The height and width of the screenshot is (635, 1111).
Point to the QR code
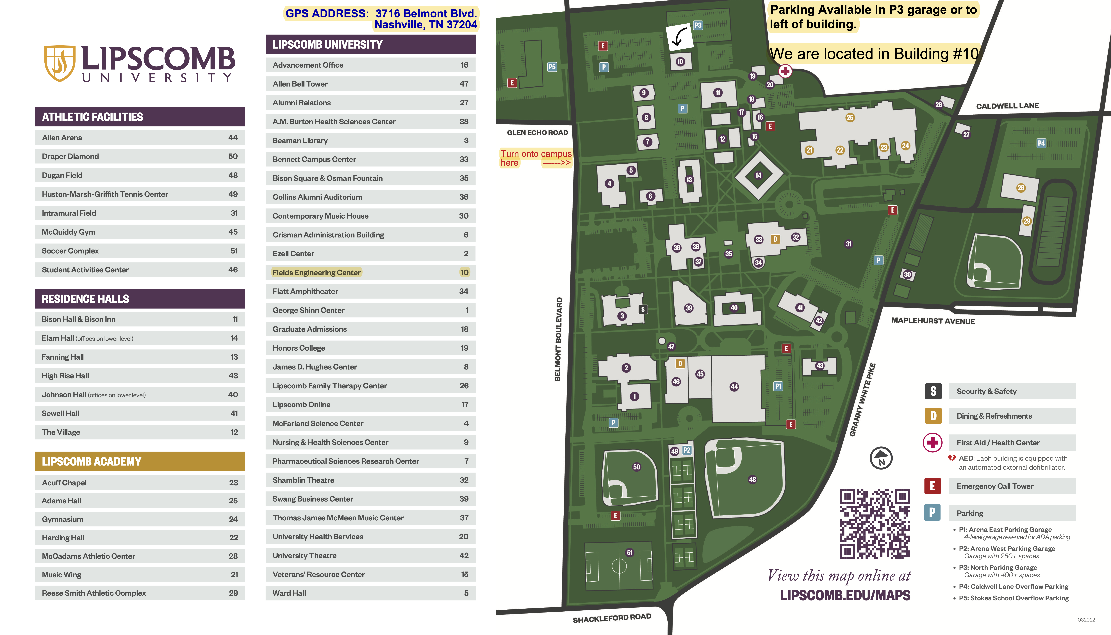click(875, 524)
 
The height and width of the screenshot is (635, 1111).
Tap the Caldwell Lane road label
click(1007, 106)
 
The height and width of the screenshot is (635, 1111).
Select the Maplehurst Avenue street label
click(933, 321)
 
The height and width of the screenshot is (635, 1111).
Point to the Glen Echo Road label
click(537, 133)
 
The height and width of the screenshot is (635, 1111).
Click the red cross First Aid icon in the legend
click(933, 443)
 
